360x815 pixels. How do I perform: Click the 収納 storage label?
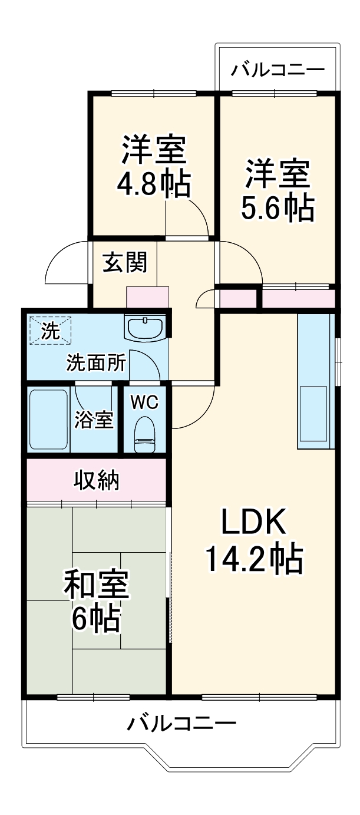coord(97,481)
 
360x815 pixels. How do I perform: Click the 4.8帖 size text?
coord(153,184)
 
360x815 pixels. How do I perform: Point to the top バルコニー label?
coord(278,70)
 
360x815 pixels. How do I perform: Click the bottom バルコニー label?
coord(181,722)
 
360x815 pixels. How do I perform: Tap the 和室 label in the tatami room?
coord(96,586)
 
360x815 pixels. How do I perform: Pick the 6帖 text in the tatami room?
coord(96,619)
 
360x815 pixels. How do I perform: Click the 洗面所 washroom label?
coord(95,363)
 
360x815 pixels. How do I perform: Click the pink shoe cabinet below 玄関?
coord(148,297)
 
